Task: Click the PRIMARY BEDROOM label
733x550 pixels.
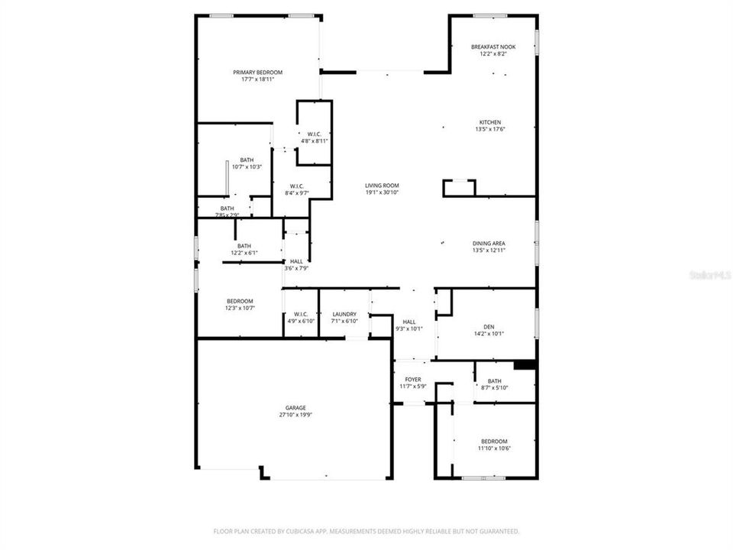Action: [x=257, y=73]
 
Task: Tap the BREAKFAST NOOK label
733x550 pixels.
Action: [x=493, y=47]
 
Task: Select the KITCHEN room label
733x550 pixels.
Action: [x=489, y=122]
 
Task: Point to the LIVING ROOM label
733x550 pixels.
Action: [x=382, y=186]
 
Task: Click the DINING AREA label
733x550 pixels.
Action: [x=489, y=244]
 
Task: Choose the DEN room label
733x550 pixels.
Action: [x=489, y=327]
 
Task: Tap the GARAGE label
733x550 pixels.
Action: [x=291, y=409]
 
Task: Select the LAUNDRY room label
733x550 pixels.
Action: [x=344, y=314]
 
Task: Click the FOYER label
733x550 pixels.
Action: [x=412, y=380]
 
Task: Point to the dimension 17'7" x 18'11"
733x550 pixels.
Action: [x=257, y=79]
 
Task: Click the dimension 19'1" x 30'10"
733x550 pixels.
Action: [x=382, y=192]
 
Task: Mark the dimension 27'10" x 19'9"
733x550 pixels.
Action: [x=291, y=416]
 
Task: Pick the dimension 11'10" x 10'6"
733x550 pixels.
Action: [x=494, y=448]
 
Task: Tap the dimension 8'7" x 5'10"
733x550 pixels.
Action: [x=495, y=388]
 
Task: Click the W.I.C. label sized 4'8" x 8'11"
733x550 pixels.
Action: [x=314, y=134]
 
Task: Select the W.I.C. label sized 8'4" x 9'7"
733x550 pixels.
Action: [x=297, y=186]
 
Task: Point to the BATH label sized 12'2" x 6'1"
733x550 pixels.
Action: [x=244, y=246]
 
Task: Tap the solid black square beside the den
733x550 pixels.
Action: [x=525, y=365]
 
